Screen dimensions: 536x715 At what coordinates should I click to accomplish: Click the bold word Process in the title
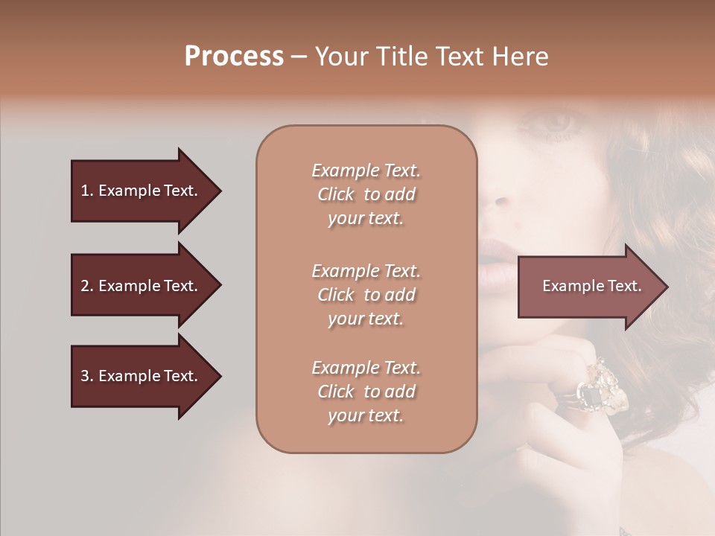(x=234, y=57)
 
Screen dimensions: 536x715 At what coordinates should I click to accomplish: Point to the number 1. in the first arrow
(x=87, y=191)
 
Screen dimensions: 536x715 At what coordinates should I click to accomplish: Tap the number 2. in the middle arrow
(x=87, y=286)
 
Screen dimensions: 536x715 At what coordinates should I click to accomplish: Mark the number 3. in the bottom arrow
(x=87, y=376)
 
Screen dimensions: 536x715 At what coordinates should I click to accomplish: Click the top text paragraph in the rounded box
(x=366, y=194)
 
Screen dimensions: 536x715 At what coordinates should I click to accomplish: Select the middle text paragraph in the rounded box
(x=366, y=295)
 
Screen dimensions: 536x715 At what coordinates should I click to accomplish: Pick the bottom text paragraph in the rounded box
(x=366, y=392)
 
